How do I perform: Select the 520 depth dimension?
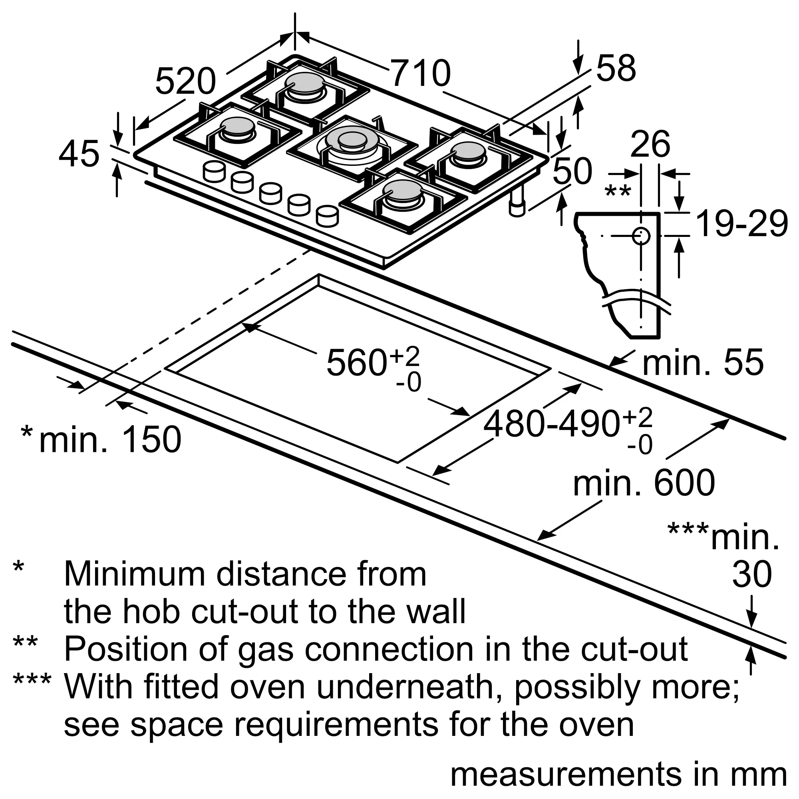(x=186, y=81)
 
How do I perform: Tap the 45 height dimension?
(x=79, y=154)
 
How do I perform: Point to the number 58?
(x=616, y=68)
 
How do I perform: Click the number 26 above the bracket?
(x=650, y=144)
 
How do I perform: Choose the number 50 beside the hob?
(x=572, y=171)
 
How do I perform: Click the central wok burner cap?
(x=352, y=140)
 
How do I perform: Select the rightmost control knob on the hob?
(x=327, y=216)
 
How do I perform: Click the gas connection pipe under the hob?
(x=517, y=201)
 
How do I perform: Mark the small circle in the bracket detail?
(x=641, y=236)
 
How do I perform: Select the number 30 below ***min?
(x=752, y=574)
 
